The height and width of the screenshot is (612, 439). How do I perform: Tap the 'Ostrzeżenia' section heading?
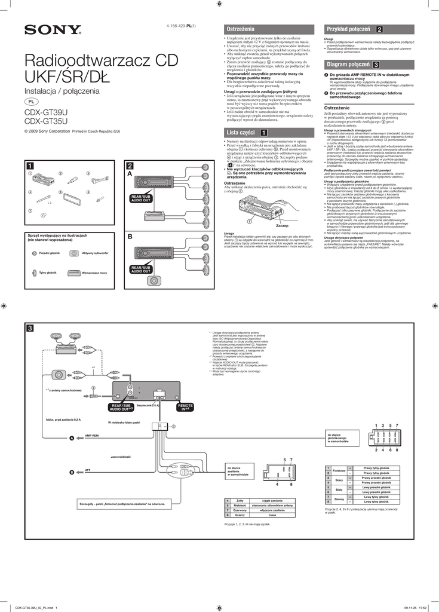240,29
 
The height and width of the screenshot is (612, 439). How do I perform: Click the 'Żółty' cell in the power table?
240,500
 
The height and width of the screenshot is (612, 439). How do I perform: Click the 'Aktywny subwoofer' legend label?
95,253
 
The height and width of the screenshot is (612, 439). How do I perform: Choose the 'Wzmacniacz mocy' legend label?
94,273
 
